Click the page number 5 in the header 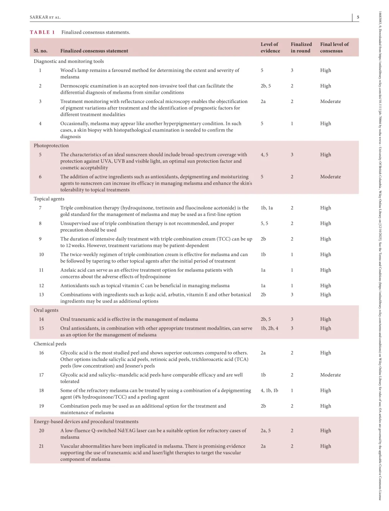pos(358,17)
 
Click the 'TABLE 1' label pos(42,32)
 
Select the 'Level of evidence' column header pos(270,48)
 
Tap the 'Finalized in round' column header pos(301,48)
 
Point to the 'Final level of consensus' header pos(334,48)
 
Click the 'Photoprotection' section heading pos(51,145)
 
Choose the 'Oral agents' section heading pos(46,310)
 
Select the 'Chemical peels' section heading pos(50,344)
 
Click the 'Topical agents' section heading pos(49,199)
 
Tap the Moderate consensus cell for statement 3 pos(330,102)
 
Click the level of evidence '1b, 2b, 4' pos(269,328)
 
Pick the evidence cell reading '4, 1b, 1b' pos(269,390)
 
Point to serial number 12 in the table pos(41,286)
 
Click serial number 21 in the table pos(41,446)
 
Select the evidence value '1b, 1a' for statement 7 pos(267,208)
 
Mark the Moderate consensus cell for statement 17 pos(330,375)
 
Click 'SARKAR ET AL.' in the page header pos(45,17)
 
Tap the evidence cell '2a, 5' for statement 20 pos(265,431)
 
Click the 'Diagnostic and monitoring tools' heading pos(69,61)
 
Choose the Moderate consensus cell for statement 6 pos(330,177)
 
